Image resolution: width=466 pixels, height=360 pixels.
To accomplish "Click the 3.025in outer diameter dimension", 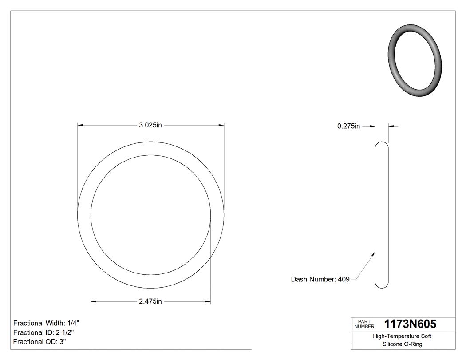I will pyautogui.click(x=150, y=126).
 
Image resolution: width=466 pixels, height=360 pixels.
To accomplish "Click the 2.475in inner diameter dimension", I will pyautogui.click(x=150, y=301).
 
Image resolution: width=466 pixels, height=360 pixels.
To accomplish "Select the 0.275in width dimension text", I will pyautogui.click(x=348, y=126).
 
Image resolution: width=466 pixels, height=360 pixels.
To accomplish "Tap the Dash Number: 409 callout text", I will pyautogui.click(x=320, y=279).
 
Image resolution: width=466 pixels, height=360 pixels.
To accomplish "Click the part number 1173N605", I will pyautogui.click(x=410, y=324).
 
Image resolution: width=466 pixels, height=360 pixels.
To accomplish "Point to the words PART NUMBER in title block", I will pyautogui.click(x=364, y=324).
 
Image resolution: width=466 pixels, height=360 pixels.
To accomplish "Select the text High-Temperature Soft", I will pyautogui.click(x=402, y=336).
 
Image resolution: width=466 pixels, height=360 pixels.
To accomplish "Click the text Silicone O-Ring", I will pyautogui.click(x=402, y=344).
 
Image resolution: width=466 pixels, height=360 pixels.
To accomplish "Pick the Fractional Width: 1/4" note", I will pyautogui.click(x=47, y=323).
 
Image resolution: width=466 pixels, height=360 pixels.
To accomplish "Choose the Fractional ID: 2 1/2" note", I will pyautogui.click(x=43, y=332).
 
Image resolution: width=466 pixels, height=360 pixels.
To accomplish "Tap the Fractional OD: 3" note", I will pyautogui.click(x=39, y=342).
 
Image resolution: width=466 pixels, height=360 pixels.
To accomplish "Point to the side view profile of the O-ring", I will pyautogui.click(x=382, y=215).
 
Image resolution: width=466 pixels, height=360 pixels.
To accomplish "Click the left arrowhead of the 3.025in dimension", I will pyautogui.click(x=80, y=126).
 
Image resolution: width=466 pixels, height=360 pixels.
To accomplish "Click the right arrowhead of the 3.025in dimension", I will pyautogui.click(x=221, y=126).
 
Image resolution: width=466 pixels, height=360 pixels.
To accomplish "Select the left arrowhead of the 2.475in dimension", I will pyautogui.click(x=94, y=301).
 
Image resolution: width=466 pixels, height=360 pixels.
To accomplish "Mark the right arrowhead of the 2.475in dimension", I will pyautogui.click(x=208, y=301).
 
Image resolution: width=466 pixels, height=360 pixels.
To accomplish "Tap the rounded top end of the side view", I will pyautogui.click(x=382, y=144).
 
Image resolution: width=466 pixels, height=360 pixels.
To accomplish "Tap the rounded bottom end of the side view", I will pyautogui.click(x=382, y=285).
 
